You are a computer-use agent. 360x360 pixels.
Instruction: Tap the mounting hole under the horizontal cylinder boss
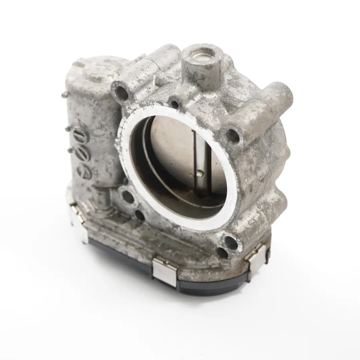coord(233,135)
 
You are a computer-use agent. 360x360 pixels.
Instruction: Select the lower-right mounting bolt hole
coord(231,242)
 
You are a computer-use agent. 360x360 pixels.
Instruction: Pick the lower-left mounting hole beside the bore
coord(128,197)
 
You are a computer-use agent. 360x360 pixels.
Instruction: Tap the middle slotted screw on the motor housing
coord(81,154)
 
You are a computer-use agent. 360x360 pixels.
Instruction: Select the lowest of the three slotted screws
coord(83,171)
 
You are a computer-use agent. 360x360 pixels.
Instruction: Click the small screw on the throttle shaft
coord(199,173)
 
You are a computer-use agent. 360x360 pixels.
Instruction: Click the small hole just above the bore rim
coord(175,104)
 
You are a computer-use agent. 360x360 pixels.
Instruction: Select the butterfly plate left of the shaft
coord(170,150)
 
